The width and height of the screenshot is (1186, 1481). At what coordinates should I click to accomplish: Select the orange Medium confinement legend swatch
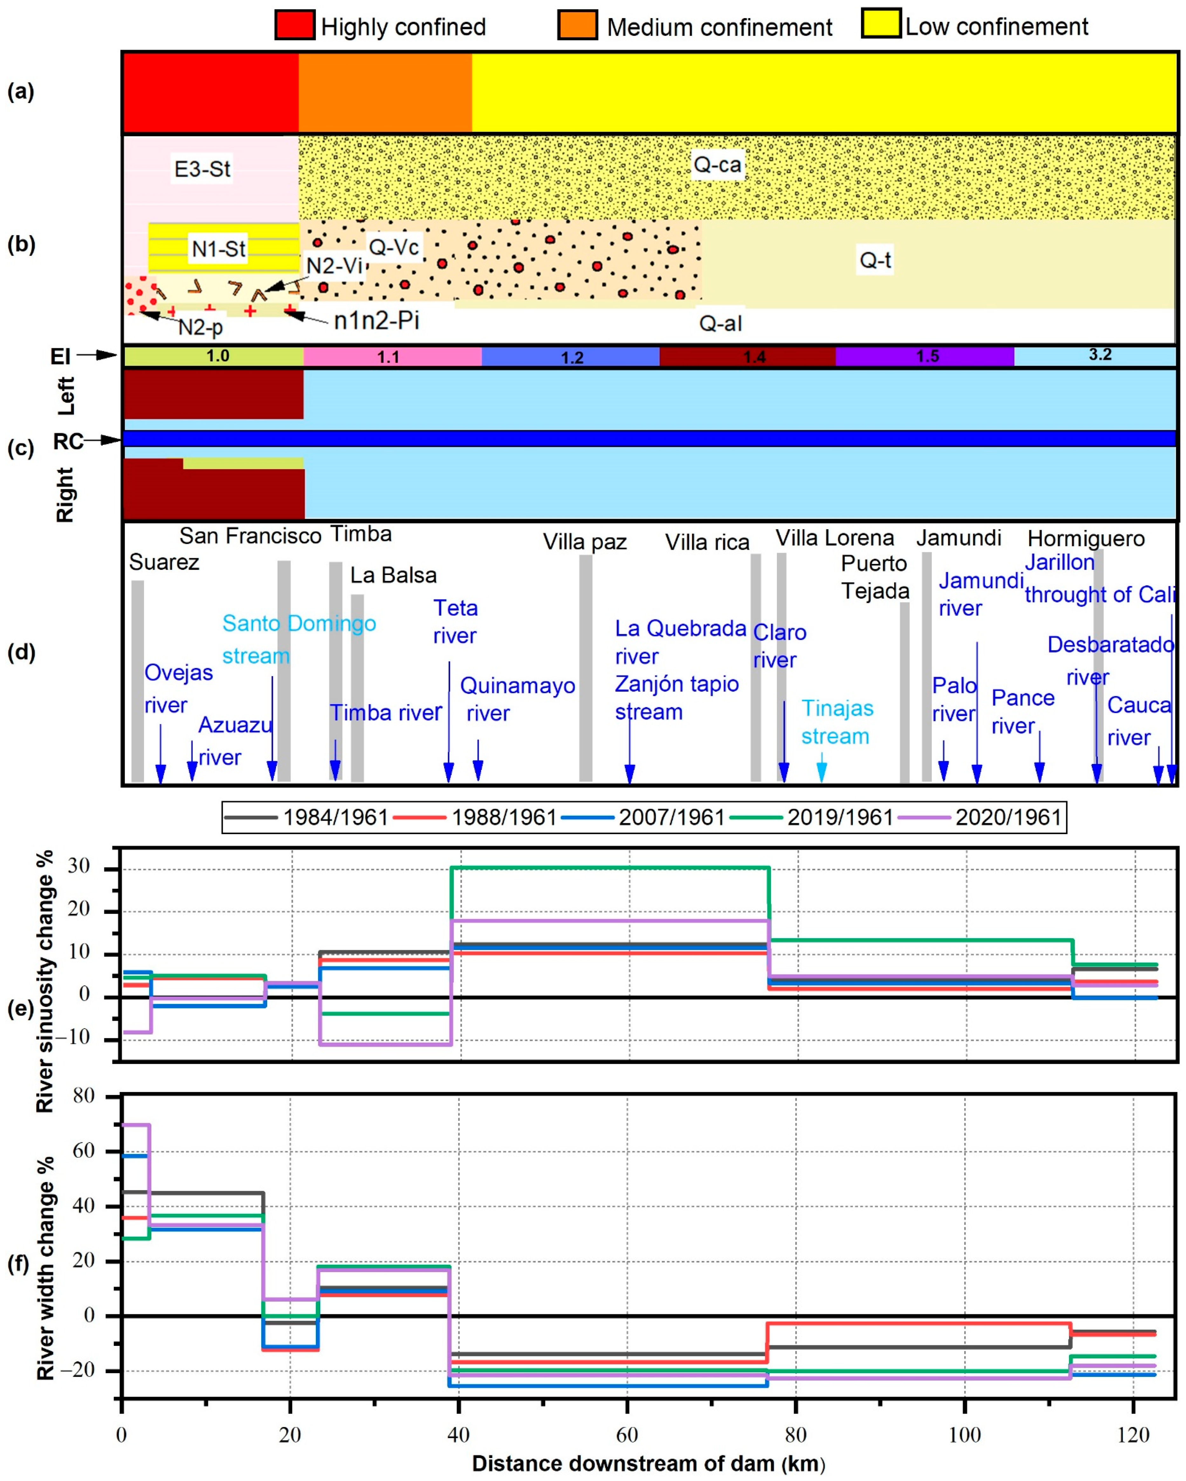click(577, 25)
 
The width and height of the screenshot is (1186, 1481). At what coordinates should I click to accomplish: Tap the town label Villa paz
click(584, 542)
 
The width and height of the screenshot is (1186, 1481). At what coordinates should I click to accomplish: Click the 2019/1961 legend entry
click(812, 817)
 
